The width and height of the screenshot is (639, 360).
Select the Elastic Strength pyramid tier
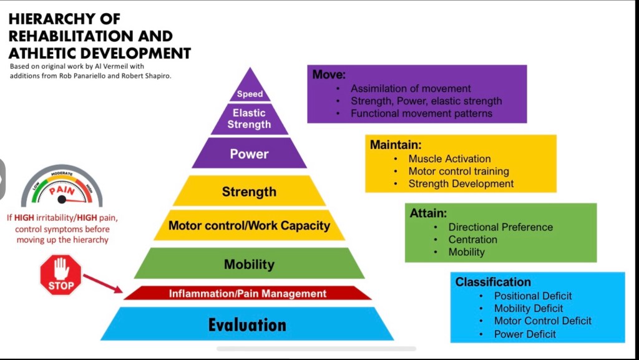click(249, 119)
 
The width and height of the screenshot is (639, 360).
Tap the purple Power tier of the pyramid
click(249, 154)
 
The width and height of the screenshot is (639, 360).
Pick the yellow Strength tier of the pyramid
click(249, 192)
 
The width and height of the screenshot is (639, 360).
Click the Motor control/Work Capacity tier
click(249, 226)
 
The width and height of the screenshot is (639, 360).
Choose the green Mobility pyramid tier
click(249, 264)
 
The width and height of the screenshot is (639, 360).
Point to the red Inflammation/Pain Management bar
click(248, 293)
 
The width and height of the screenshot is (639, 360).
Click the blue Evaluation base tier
click(247, 324)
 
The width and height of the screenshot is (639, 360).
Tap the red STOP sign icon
click(61, 275)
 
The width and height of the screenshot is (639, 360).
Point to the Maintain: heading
click(391, 145)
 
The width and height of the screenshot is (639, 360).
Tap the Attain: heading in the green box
click(428, 213)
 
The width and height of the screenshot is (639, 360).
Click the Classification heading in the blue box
click(493, 282)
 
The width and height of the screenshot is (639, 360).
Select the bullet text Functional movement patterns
click(421, 114)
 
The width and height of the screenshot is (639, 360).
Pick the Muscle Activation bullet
click(449, 158)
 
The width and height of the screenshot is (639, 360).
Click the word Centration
click(472, 240)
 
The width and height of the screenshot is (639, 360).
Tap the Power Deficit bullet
click(525, 334)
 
